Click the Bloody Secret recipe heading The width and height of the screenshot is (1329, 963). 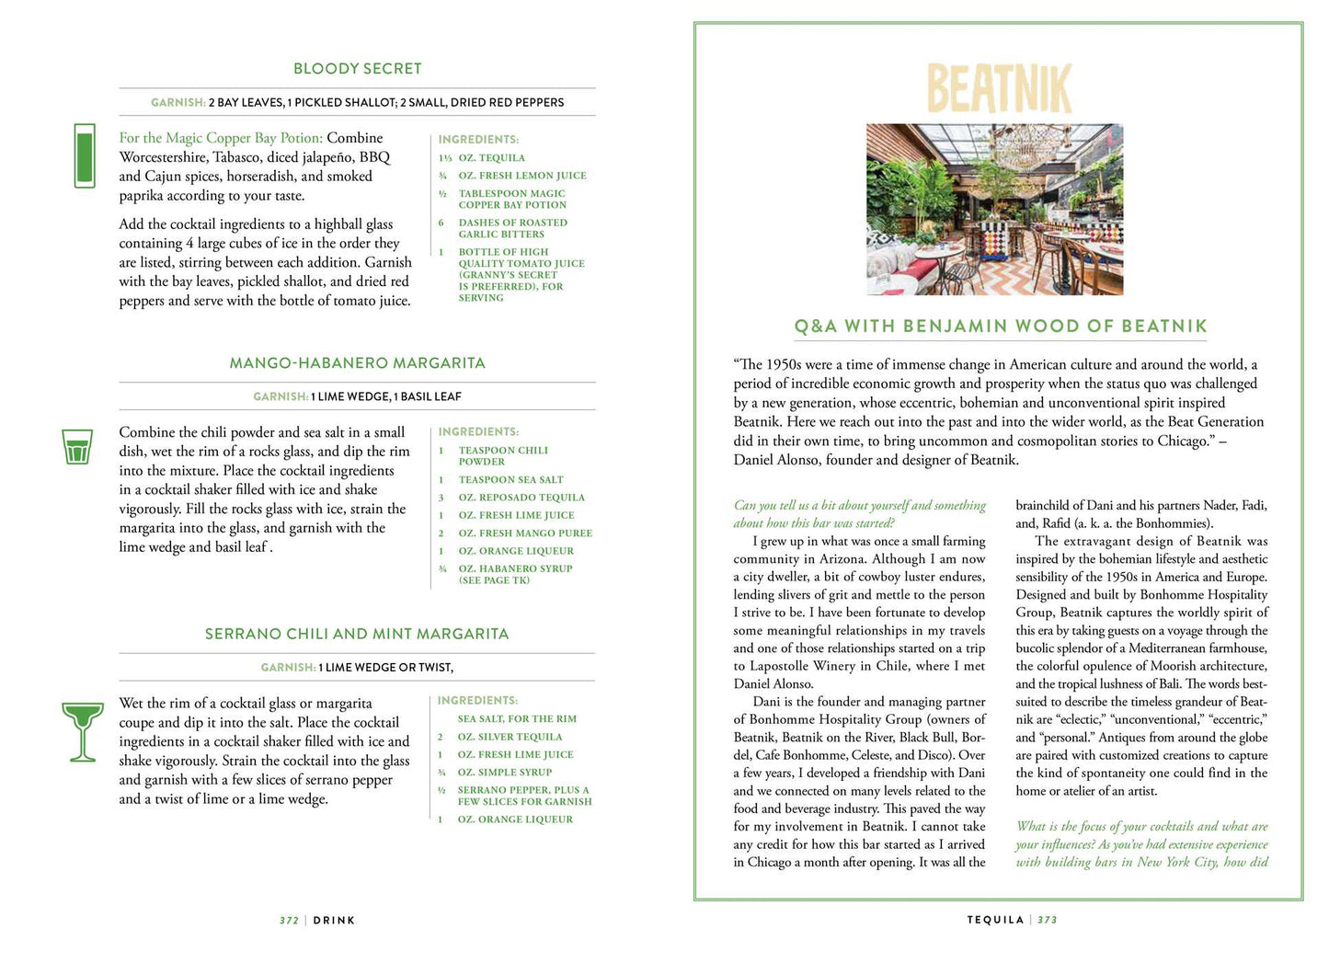click(357, 69)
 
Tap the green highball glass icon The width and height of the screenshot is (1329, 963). click(84, 155)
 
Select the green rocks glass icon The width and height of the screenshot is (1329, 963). click(76, 447)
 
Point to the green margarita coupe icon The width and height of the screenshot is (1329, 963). click(82, 731)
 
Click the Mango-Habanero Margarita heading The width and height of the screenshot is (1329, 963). click(357, 363)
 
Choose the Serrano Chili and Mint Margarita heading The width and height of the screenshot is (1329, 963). click(357, 634)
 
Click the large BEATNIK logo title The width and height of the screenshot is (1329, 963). click(999, 88)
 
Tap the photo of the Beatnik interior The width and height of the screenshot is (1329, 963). click(994, 209)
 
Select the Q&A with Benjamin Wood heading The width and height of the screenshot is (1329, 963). click(1000, 327)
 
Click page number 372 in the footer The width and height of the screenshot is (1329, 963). click(289, 921)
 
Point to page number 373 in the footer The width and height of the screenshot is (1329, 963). click(1048, 920)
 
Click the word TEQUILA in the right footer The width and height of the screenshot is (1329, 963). click(995, 920)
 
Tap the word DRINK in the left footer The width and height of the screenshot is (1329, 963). click(334, 921)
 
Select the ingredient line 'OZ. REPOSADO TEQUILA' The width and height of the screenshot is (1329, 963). click(521, 498)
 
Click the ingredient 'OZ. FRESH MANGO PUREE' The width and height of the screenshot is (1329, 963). click(525, 533)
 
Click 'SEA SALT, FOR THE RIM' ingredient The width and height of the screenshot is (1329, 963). click(517, 719)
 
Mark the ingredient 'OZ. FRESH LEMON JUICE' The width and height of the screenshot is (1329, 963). click(522, 176)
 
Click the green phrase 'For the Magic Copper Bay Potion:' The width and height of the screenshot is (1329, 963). click(221, 138)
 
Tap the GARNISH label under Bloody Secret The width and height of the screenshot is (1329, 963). click(178, 103)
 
